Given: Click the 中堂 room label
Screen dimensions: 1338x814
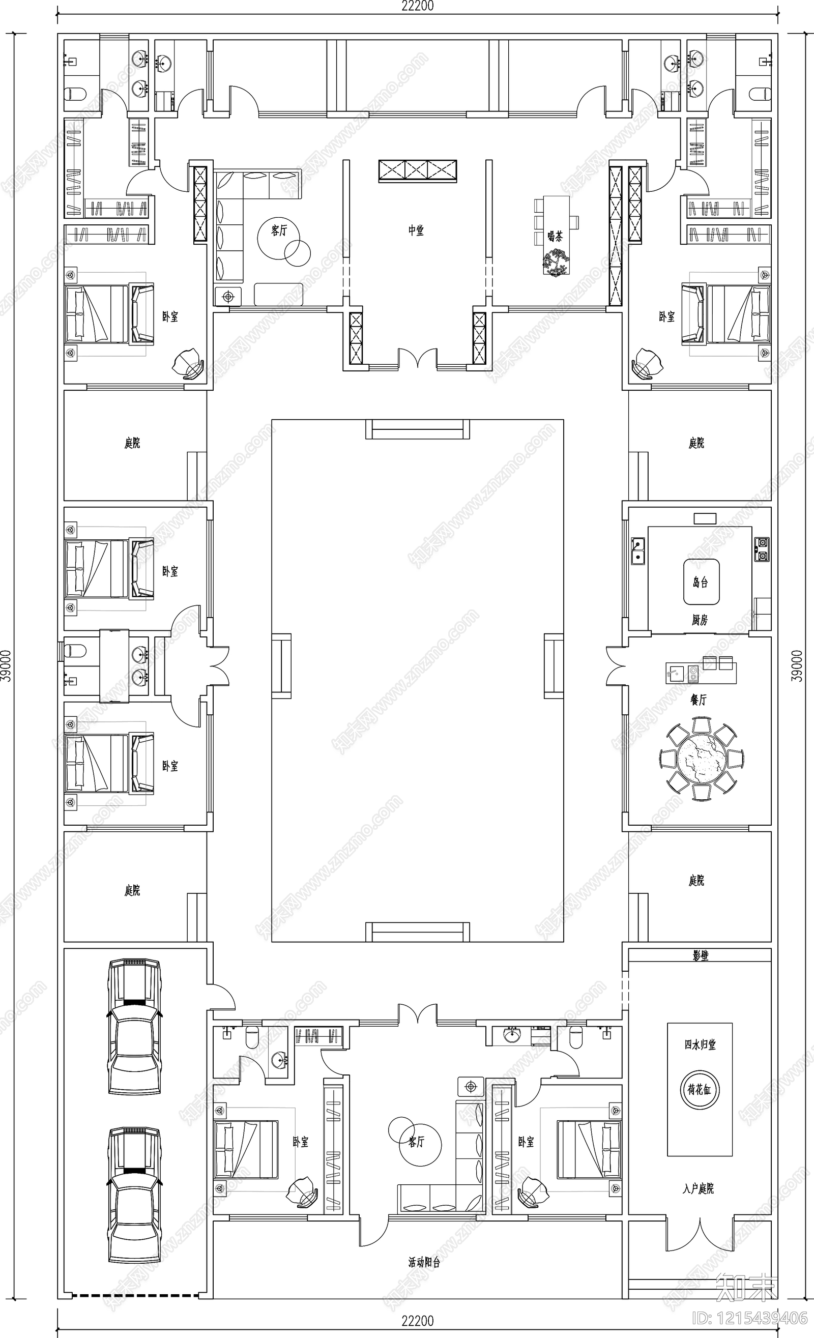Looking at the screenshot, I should pos(416,231).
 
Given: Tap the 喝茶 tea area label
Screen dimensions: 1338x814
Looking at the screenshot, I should pos(555,236).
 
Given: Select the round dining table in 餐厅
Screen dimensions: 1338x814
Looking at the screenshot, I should pos(702,758).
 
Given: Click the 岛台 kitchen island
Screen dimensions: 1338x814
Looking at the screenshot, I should pos(701,582).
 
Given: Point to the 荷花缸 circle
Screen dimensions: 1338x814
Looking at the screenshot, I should pos(700,1089).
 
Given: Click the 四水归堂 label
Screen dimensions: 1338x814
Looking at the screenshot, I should pos(700,1045).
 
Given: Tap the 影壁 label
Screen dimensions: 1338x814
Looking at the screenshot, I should pos(701,956).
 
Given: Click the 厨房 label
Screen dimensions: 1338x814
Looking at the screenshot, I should pos(700,620).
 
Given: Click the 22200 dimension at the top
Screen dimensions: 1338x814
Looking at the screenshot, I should pos(417,6).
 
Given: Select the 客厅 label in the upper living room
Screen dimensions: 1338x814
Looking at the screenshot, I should pos(279,231).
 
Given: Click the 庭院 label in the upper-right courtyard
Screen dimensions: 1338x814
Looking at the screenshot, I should pos(696,443).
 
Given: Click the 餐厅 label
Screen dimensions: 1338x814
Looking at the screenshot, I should pos(699,700).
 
